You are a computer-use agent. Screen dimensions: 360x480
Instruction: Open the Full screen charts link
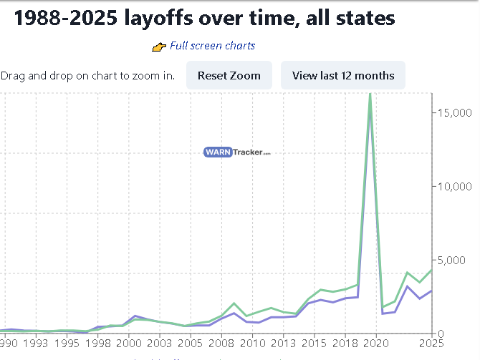212,46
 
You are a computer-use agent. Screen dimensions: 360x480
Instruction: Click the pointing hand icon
159,47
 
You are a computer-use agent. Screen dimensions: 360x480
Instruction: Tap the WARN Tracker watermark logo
237,152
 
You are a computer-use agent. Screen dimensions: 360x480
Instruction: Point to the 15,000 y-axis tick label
456,112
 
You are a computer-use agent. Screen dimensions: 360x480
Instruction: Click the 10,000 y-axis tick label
456,186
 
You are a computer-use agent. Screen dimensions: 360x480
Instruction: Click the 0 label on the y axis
442,334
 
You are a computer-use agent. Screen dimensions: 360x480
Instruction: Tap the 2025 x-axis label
431,344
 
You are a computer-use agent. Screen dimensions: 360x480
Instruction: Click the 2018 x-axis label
345,344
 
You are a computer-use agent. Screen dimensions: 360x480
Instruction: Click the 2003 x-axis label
159,344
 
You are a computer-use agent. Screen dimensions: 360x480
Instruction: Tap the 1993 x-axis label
36,344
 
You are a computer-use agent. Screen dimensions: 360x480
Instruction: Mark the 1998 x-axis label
98,344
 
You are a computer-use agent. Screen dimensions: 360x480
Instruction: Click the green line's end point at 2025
431,270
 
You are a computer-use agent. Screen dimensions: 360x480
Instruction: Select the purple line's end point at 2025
431,290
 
